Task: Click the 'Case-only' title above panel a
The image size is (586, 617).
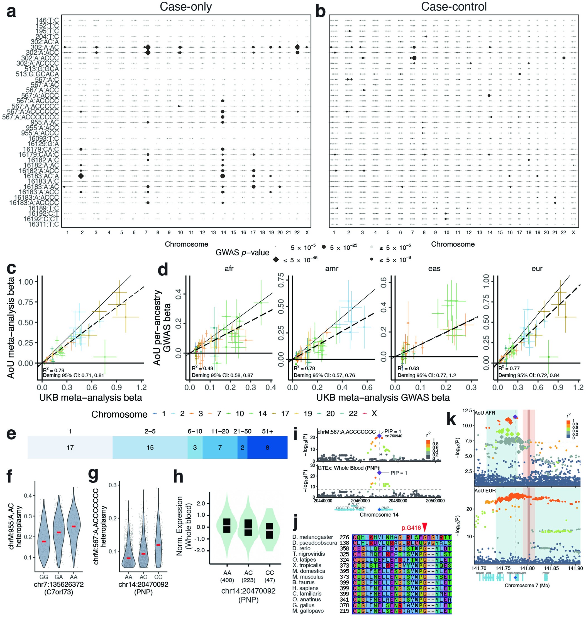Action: (x=185, y=7)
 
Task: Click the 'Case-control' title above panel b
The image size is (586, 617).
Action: (x=453, y=7)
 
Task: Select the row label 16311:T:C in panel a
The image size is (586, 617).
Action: (x=43, y=224)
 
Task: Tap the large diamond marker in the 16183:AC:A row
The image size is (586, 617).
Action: (x=81, y=176)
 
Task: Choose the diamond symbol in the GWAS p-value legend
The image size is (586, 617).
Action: (x=276, y=260)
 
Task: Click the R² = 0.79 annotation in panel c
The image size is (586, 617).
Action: (x=54, y=370)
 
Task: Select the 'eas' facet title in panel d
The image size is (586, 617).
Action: (x=434, y=268)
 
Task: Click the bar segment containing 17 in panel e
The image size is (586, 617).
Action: (x=70, y=447)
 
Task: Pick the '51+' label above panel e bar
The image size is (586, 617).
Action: (x=267, y=432)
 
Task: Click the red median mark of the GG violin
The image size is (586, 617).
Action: (x=44, y=541)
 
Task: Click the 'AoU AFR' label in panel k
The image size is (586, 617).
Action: (x=485, y=413)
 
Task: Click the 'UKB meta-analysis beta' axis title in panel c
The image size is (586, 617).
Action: (x=91, y=398)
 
